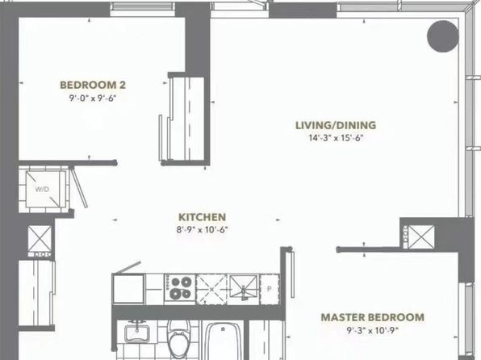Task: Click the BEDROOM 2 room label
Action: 93,85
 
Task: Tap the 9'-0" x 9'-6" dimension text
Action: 93,98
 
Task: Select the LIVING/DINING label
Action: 336,125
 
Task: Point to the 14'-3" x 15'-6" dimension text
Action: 336,138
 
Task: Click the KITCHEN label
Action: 202,217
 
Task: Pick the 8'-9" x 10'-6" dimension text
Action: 202,230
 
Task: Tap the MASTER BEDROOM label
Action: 373,317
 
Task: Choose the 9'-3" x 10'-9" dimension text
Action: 373,330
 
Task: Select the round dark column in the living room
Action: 442,36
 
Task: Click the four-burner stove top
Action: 179,287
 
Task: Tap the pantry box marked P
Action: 270,289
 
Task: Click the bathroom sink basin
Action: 137,332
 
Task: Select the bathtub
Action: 223,341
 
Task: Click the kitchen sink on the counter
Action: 244,288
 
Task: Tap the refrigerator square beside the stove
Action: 128,289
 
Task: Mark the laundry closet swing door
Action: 79,186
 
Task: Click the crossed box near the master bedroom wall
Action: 421,237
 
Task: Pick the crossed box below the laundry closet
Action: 40,238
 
